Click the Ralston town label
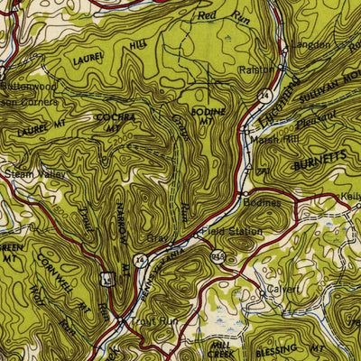[x=255, y=69]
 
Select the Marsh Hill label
[x=269, y=138]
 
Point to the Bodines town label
[x=263, y=203]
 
